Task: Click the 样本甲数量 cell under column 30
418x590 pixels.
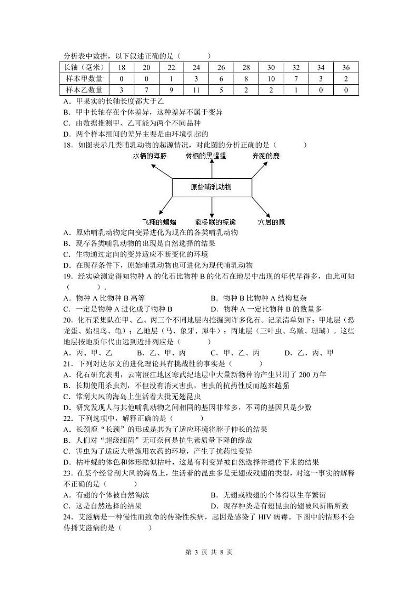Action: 271,79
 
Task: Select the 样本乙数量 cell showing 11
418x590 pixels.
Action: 196,90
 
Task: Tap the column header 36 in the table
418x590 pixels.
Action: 346,68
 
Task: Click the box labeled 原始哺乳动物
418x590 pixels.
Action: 212,187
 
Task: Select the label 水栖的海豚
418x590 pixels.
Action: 150,156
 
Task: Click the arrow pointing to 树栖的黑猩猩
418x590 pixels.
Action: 212,169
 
